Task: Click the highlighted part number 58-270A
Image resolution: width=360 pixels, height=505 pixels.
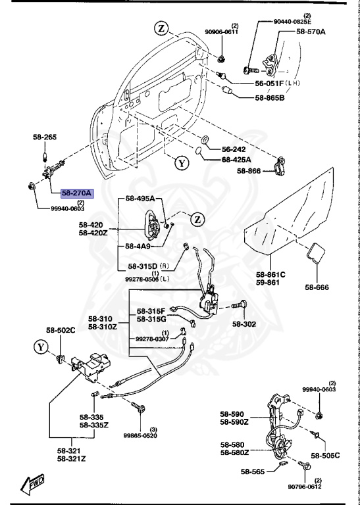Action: click(x=78, y=194)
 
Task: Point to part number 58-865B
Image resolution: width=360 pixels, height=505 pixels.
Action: click(x=270, y=98)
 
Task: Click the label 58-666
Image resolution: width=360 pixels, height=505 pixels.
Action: click(x=318, y=287)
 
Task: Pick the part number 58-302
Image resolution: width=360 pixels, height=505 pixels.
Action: click(x=245, y=324)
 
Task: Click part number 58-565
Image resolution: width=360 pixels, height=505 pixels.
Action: click(x=253, y=471)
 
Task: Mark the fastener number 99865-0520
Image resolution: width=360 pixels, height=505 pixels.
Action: click(x=140, y=435)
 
